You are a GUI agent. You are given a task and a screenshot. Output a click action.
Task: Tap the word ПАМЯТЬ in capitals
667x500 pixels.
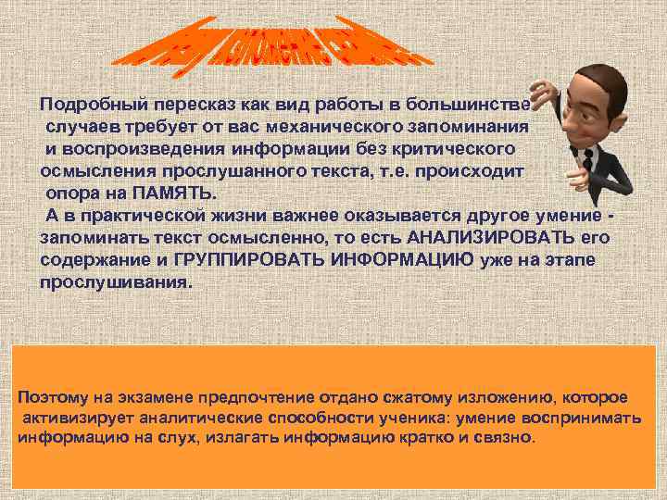tap(177, 192)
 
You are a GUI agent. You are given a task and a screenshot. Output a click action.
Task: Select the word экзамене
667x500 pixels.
tap(145, 397)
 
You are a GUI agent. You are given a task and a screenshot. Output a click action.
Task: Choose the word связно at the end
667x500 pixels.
tap(510, 436)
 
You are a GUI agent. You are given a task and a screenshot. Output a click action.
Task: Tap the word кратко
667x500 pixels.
tap(445, 436)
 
